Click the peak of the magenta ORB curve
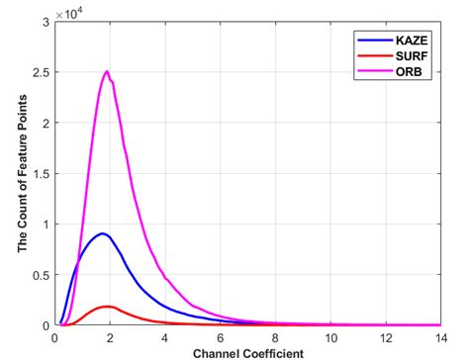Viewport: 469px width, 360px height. coord(106,71)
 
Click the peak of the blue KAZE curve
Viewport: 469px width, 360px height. coord(102,234)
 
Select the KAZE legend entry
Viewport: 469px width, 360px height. coord(414,42)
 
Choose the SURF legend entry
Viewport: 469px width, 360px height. coord(414,57)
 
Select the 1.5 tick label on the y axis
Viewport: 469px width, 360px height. coord(41,173)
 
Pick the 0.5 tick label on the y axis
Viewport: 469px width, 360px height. coord(41,274)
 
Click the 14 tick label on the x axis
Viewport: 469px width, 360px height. coord(440,336)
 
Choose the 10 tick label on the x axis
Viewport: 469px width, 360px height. coord(330,336)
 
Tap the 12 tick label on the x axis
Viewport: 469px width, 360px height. coord(385,336)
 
